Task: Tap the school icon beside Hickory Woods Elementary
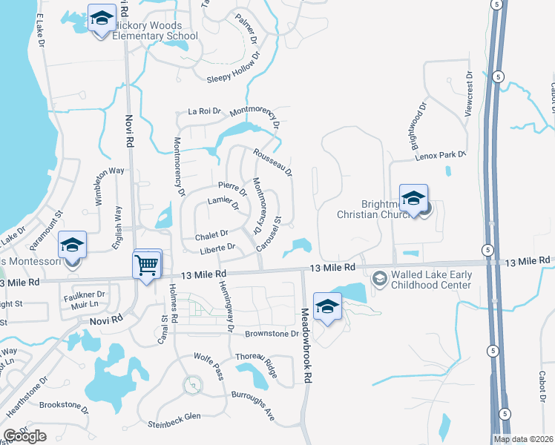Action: tap(101, 18)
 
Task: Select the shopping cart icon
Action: tap(147, 264)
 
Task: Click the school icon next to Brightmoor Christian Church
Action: tap(413, 198)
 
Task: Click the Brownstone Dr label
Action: tap(272, 334)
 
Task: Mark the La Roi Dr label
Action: tap(205, 111)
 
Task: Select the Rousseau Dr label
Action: tap(273, 162)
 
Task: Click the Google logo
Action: tap(25, 436)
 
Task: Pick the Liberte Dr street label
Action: tap(217, 247)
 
